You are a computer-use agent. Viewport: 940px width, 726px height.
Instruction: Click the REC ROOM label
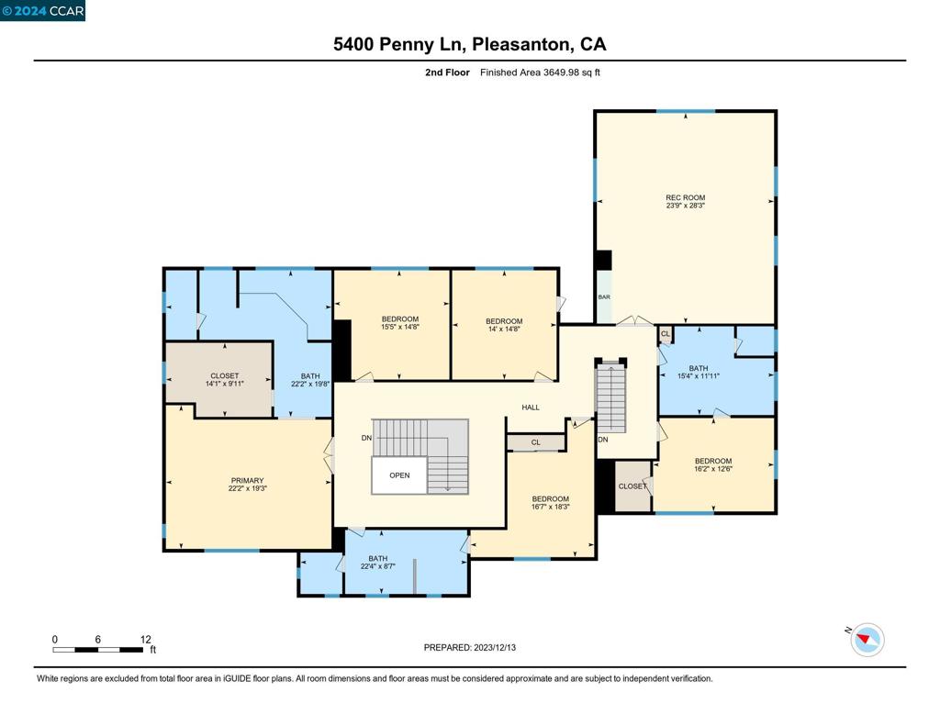coord(685,197)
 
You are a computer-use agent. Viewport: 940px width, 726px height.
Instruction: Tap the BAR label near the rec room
coord(604,297)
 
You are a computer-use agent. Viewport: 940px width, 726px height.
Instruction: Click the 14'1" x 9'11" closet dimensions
coord(224,384)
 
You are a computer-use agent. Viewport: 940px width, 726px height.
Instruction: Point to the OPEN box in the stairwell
coord(399,475)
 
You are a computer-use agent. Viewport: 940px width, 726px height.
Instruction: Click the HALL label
coord(531,408)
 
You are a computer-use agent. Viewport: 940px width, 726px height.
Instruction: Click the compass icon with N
coord(867,640)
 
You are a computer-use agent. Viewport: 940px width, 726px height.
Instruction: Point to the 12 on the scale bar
coord(145,639)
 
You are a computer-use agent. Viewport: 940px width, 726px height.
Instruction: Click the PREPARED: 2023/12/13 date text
coord(470,647)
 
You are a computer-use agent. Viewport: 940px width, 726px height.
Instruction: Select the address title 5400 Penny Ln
coord(469,44)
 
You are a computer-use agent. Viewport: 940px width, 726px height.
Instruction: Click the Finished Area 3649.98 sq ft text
coord(540,73)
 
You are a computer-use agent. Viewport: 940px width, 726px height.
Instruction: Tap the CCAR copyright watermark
coord(43,11)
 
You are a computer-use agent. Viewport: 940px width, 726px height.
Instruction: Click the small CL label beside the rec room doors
coord(666,334)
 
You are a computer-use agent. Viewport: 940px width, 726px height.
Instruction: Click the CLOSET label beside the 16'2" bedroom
coord(632,486)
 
